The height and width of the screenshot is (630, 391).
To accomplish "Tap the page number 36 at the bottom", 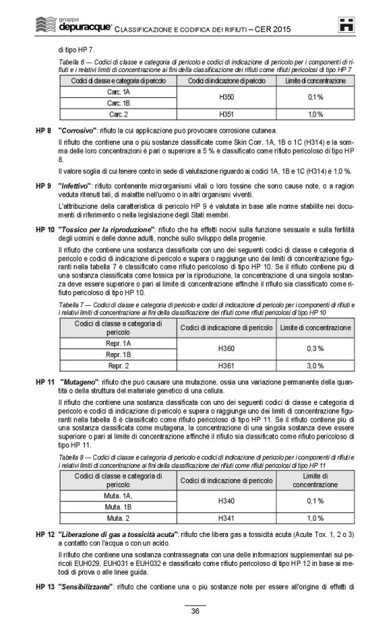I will coord(195,611).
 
